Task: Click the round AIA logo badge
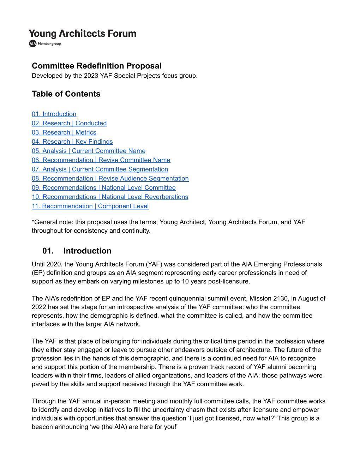click(x=33, y=43)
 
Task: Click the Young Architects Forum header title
click(x=83, y=34)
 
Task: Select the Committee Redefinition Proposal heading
click(x=97, y=66)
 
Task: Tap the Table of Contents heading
click(x=66, y=94)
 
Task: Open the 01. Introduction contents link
click(x=54, y=114)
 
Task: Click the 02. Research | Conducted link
click(x=69, y=123)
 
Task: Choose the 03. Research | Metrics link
click(x=64, y=132)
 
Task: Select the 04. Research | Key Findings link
click(x=72, y=142)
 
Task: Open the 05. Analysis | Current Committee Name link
click(x=89, y=151)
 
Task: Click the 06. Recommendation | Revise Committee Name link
click(x=101, y=160)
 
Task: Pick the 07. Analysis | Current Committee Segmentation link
click(x=100, y=169)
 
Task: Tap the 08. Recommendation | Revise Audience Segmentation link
click(x=110, y=178)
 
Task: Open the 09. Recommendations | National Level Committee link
click(x=104, y=187)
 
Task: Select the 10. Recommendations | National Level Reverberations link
click(x=110, y=197)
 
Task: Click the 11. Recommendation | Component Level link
click(x=90, y=206)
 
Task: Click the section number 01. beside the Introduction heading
click(x=48, y=251)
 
